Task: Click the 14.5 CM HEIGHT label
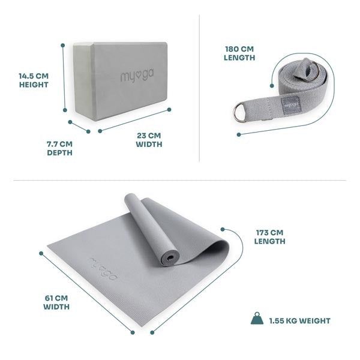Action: (33, 80)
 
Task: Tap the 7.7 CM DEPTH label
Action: (59, 148)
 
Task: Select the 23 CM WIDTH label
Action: (149, 139)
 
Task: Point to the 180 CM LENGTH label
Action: (240, 53)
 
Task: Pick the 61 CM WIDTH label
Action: (56, 302)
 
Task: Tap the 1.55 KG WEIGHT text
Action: (299, 321)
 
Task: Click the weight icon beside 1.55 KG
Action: (256, 319)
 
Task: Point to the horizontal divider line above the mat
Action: (180, 180)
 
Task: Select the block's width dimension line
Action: (135, 119)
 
